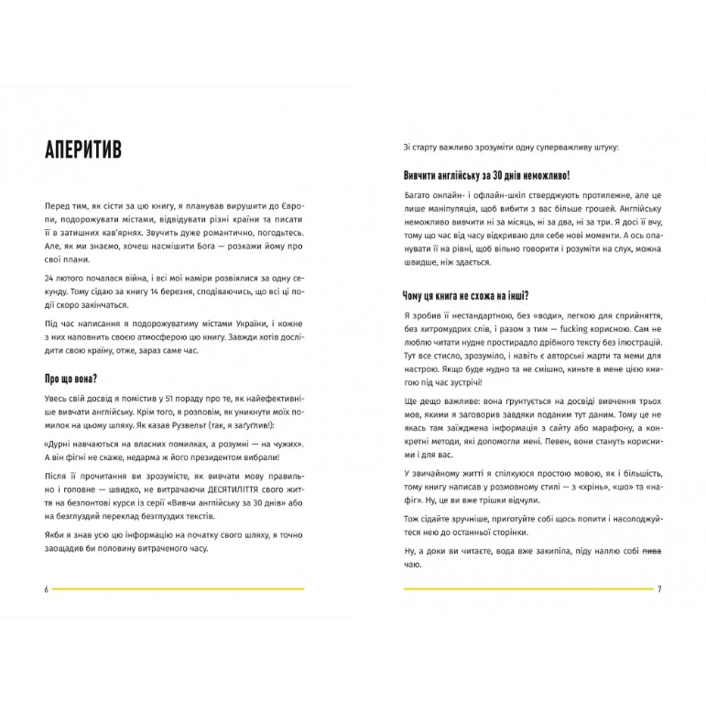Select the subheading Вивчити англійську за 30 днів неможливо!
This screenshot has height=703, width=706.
point(487,174)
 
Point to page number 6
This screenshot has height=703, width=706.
point(46,588)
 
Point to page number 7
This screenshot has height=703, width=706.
point(659,588)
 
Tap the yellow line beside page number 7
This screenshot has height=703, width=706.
point(527,588)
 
